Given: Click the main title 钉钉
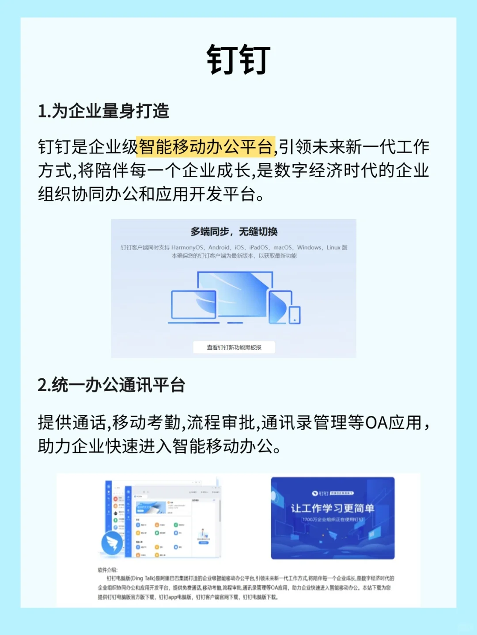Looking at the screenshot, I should [238, 60].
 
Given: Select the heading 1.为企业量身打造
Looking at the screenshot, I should [103, 111].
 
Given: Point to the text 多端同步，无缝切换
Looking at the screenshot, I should [234, 232].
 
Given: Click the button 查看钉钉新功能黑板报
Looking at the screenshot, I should [234, 347].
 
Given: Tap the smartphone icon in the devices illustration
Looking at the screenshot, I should [295, 315].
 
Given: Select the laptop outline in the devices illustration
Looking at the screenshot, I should [193, 305].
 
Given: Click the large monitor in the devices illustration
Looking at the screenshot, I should [235, 293].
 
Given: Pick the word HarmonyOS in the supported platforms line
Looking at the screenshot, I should [187, 248].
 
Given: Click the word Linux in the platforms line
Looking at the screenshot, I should [333, 248].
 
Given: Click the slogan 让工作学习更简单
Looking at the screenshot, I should [333, 508].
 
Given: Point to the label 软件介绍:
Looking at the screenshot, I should [108, 570].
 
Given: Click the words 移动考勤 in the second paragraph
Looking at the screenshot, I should [147, 422].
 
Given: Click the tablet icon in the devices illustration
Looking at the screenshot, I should [280, 307].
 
